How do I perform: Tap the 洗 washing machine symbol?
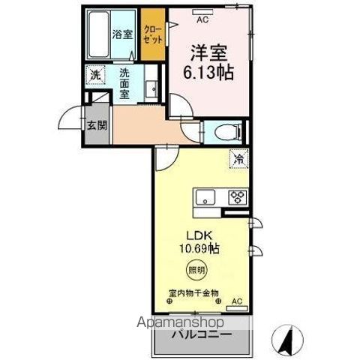pos(95,75)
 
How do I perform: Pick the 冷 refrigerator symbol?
pos(237,160)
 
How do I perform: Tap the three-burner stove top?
pos(237,198)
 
